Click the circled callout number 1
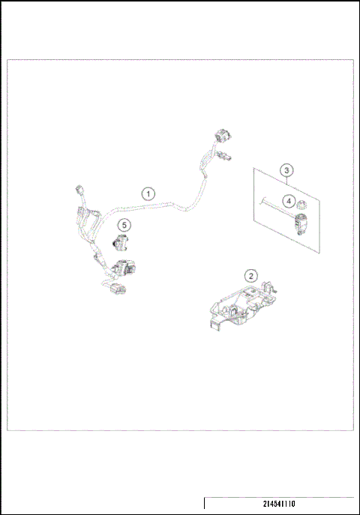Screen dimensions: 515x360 (x=149, y=193)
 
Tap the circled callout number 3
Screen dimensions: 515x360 (x=287, y=170)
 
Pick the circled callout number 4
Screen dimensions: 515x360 (x=288, y=200)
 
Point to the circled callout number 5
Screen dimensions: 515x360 (x=124, y=223)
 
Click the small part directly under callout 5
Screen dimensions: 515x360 (x=121, y=242)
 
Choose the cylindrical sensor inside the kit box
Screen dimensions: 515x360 (x=302, y=221)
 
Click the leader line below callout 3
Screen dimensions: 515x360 (x=287, y=182)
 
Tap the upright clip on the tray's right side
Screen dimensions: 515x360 (x=271, y=287)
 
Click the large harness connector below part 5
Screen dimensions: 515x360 (x=124, y=267)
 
